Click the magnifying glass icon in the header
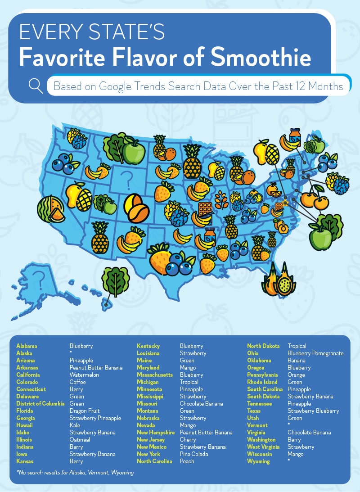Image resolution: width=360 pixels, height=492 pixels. (x=36, y=85)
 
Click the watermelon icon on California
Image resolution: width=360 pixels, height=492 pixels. (x=50, y=209)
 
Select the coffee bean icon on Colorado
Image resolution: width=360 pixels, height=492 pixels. (x=137, y=208)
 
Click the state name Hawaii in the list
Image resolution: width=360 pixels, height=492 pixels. (x=24, y=425)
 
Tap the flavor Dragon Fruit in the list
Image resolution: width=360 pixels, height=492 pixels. (x=85, y=411)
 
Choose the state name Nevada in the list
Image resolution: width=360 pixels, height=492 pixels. (x=146, y=425)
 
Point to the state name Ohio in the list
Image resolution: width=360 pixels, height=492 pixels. (x=253, y=353)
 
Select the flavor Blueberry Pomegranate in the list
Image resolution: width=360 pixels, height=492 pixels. (x=315, y=353)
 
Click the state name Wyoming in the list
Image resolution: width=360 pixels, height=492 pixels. (x=258, y=461)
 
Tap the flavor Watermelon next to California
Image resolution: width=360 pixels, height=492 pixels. (x=84, y=375)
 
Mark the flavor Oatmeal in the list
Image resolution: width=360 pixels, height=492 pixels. (x=80, y=439)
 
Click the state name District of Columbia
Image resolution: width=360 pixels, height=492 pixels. (x=40, y=403)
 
